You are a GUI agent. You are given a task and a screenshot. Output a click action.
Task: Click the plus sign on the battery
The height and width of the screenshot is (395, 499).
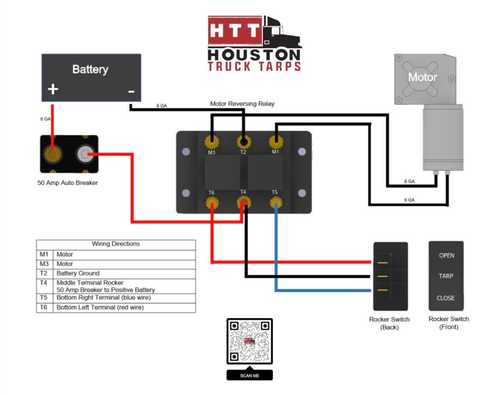[x=53, y=90]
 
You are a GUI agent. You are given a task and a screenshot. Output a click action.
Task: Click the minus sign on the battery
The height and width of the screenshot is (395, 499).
[x=131, y=91]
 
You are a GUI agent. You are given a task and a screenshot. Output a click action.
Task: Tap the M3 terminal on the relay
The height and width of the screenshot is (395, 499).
[x=211, y=142]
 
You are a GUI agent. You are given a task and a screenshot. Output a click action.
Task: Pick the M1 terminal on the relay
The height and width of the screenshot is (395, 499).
[x=276, y=142]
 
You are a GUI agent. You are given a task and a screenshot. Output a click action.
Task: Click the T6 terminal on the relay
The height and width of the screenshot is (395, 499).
[x=212, y=202]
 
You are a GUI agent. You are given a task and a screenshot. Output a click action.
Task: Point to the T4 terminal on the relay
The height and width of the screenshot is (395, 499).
[x=243, y=203]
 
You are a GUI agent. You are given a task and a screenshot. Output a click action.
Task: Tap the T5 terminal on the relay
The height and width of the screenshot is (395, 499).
[x=276, y=202]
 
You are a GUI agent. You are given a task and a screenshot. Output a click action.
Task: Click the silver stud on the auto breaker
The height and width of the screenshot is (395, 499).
[x=85, y=154]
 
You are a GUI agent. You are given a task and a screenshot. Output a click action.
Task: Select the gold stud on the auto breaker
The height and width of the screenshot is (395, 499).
[x=53, y=154]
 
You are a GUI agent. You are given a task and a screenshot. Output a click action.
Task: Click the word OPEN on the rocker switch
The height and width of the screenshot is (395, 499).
[x=446, y=256]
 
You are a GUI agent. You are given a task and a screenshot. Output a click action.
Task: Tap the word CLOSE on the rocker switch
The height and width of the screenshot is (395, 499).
[x=446, y=298]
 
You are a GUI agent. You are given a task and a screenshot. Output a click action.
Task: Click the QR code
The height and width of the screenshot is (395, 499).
[x=249, y=341]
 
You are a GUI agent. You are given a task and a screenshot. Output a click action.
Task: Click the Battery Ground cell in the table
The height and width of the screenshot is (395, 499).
[x=78, y=273]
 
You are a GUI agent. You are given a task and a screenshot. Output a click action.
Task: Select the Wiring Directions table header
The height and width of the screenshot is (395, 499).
[x=116, y=244]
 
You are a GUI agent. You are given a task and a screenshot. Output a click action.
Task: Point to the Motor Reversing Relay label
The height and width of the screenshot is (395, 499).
[x=242, y=104]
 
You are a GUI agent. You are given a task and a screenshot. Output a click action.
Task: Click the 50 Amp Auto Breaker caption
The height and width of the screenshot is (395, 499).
[x=67, y=183]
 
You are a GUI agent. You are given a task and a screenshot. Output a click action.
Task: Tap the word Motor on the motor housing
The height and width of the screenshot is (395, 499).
[x=422, y=77]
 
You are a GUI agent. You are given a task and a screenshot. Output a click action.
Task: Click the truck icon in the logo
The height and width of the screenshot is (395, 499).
[x=281, y=32]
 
